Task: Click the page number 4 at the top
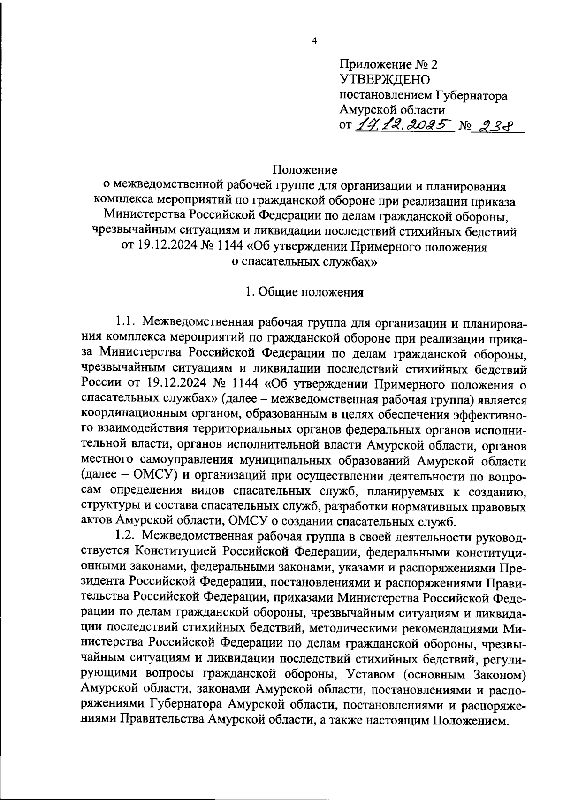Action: pyautogui.click(x=314, y=41)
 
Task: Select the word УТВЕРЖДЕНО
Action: pyautogui.click(x=385, y=79)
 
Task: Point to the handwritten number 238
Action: pyautogui.click(x=496, y=125)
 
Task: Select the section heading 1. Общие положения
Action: pyautogui.click(x=304, y=292)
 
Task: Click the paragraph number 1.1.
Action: pyautogui.click(x=125, y=322)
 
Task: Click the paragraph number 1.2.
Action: pyautogui.click(x=125, y=536)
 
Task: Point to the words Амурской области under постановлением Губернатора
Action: pyautogui.click(x=392, y=110)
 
